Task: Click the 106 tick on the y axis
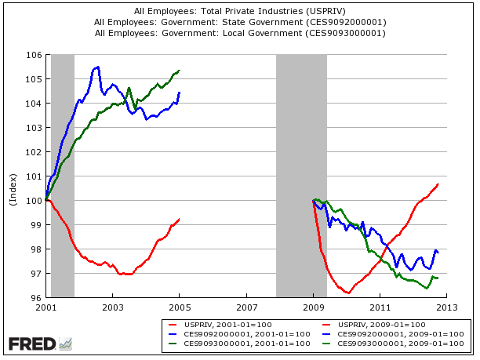click(35, 55)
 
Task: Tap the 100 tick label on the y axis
click(35, 201)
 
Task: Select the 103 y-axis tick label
click(35, 128)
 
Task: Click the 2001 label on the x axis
click(46, 307)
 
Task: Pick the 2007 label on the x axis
click(247, 307)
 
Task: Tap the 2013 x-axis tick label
click(448, 307)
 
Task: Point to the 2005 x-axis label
click(180, 307)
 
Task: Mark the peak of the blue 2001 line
click(97, 67)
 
